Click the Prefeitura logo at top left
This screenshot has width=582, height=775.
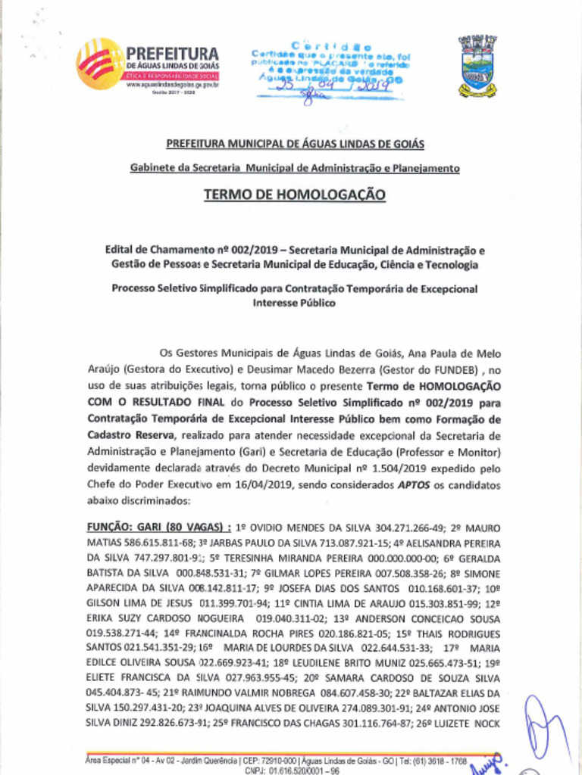coord(148,64)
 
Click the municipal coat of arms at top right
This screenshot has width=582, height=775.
coord(477,66)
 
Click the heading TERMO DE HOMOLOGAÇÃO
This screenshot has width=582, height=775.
coord(295,195)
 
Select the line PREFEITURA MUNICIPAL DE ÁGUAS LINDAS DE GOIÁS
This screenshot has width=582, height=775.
coord(295,144)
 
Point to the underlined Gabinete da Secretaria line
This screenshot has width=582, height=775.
coord(295,167)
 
